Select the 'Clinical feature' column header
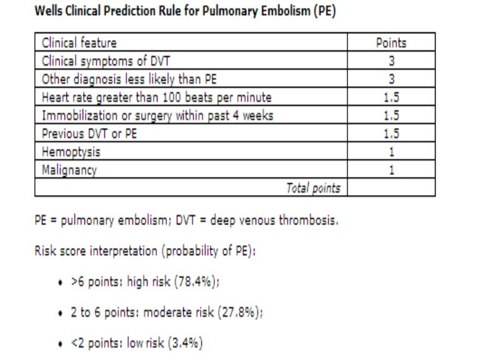(x=79, y=43)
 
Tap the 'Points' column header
(x=391, y=43)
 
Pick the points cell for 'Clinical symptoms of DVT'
(x=391, y=61)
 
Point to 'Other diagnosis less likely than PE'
(x=129, y=79)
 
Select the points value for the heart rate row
(x=391, y=97)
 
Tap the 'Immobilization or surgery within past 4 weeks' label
(x=157, y=116)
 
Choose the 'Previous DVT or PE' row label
(x=90, y=134)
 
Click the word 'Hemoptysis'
(x=71, y=152)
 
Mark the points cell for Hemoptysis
(x=391, y=152)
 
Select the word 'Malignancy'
(x=69, y=170)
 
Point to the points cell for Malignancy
(x=391, y=170)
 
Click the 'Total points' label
(x=313, y=188)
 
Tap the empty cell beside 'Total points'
(x=391, y=188)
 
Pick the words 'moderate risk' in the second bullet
(x=177, y=313)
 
